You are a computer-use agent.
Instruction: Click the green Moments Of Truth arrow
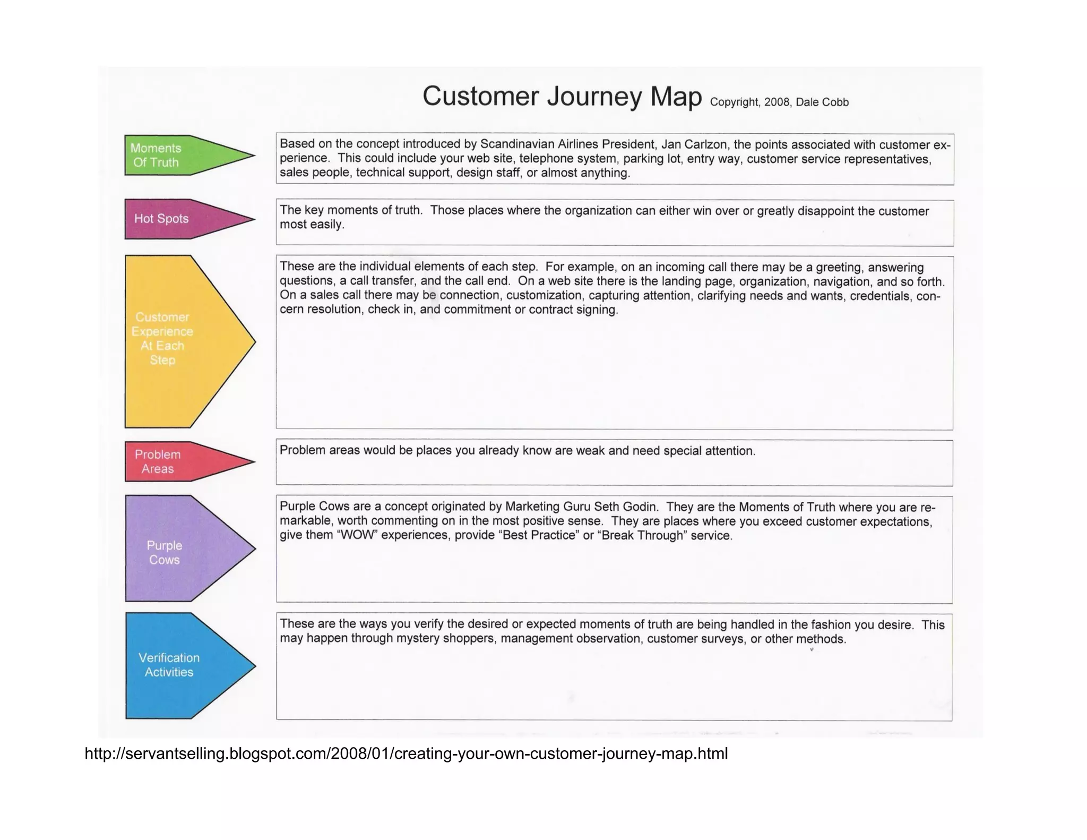click(175, 156)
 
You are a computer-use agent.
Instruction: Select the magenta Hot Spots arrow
click(175, 219)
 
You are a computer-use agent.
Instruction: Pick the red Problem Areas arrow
click(175, 461)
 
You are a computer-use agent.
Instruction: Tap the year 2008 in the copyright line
click(777, 102)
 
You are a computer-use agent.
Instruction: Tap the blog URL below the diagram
click(406, 753)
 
